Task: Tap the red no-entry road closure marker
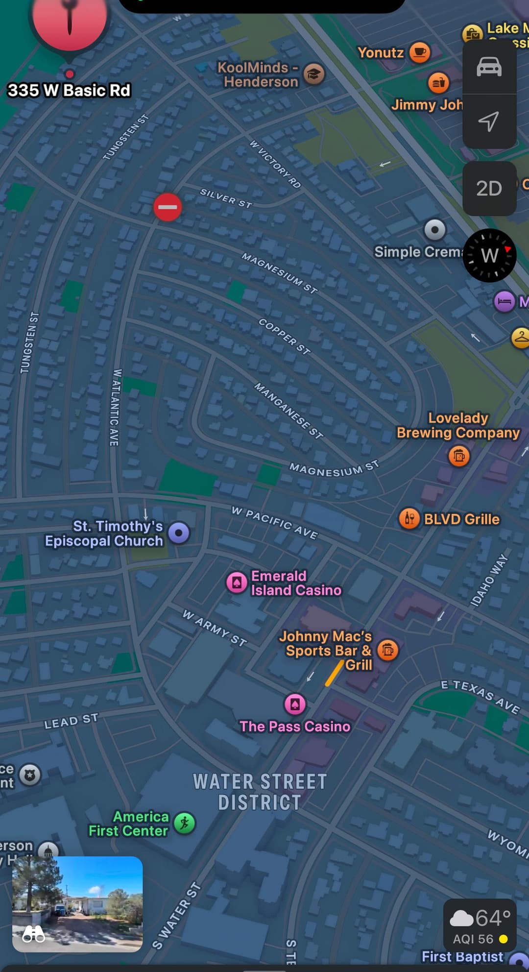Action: (x=168, y=207)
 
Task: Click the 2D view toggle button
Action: (x=489, y=189)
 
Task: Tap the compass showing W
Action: (x=489, y=255)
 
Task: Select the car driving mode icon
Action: (x=489, y=67)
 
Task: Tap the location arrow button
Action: (x=489, y=121)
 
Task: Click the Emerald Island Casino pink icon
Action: (x=237, y=583)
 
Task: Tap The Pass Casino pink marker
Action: (x=295, y=705)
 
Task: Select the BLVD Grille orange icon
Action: (x=409, y=518)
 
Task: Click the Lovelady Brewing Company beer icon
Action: (x=459, y=456)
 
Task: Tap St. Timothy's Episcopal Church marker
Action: (x=179, y=533)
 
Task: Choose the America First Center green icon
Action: (x=185, y=823)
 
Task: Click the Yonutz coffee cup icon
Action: (x=419, y=52)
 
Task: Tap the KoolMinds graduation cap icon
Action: (x=314, y=74)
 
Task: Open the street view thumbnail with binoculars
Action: (x=77, y=904)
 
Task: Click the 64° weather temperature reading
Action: (x=493, y=918)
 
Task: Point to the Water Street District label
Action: (x=260, y=792)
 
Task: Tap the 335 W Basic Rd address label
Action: (x=69, y=91)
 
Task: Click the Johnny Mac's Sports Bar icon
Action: (x=388, y=650)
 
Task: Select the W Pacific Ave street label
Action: (x=275, y=523)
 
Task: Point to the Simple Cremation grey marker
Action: (x=434, y=229)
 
